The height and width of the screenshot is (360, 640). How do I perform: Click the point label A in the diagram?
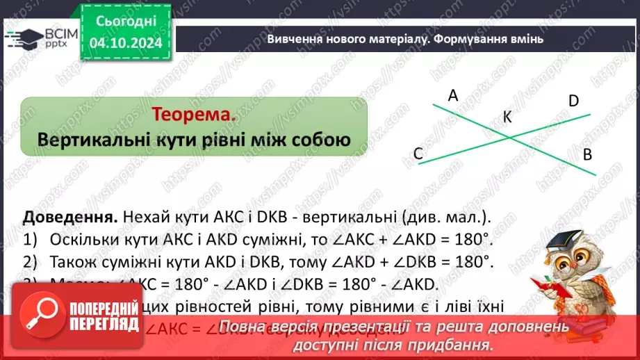click(x=453, y=96)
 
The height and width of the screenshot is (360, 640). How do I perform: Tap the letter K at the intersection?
click(x=507, y=117)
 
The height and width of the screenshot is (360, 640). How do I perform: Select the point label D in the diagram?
click(x=573, y=101)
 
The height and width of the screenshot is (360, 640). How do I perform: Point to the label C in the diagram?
click(x=418, y=154)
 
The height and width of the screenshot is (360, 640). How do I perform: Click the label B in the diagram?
click(x=587, y=154)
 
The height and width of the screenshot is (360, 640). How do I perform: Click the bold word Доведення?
click(x=63, y=216)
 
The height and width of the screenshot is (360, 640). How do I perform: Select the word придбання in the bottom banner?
click(x=461, y=345)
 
